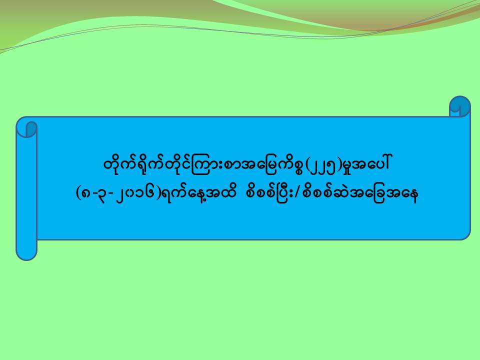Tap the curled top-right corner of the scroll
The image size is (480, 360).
click(x=460, y=106)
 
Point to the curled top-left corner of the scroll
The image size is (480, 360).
click(x=26, y=128)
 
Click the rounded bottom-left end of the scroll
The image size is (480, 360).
click(x=26, y=251)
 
